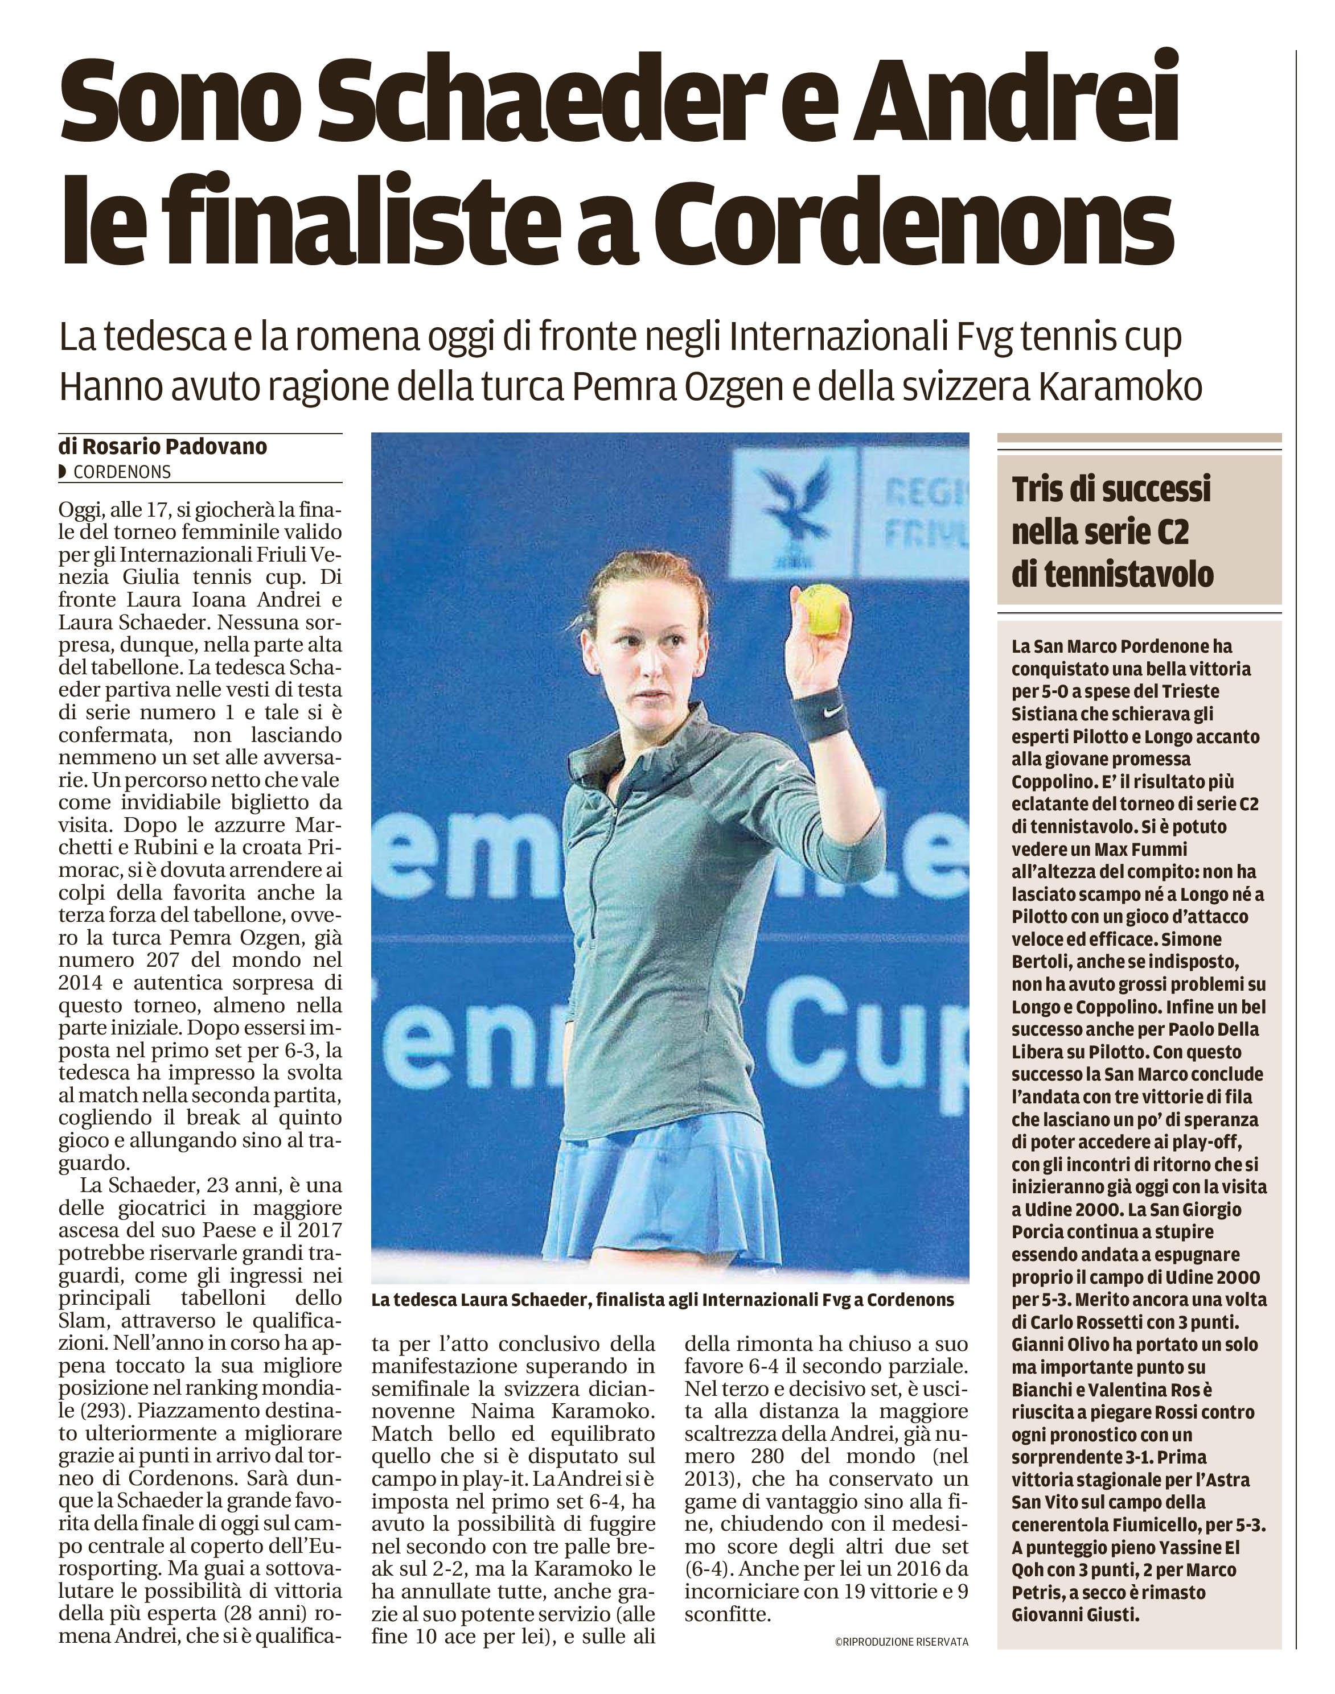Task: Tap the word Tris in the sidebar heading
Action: coord(1040,490)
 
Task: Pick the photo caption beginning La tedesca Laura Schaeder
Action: coord(662,1300)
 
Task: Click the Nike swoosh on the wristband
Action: coord(833,710)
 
